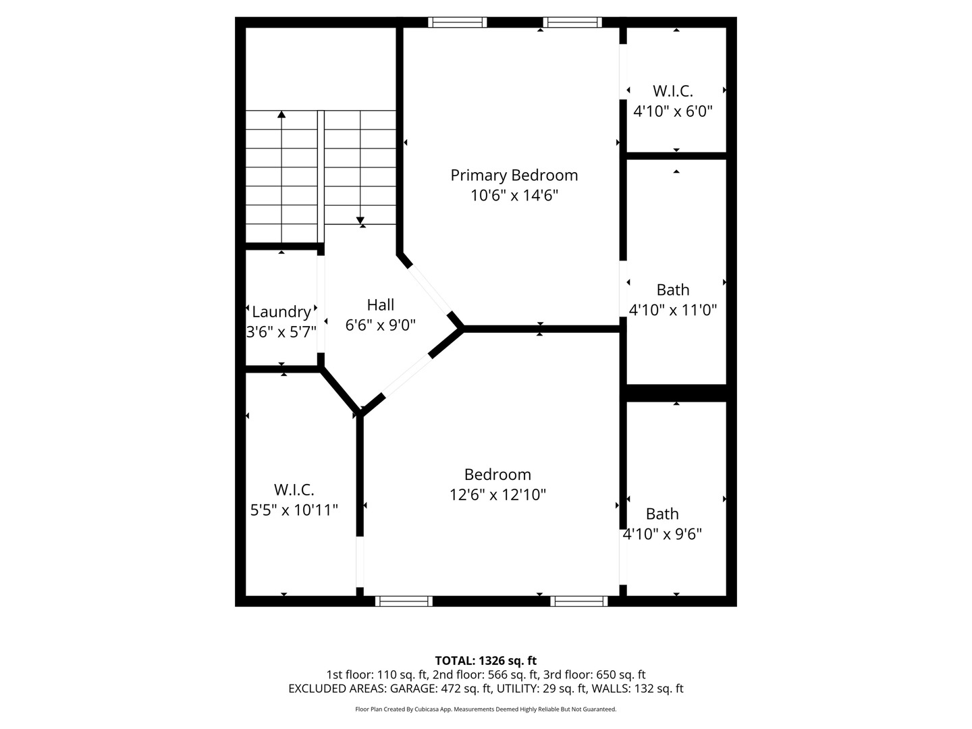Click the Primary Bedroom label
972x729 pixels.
[514, 175]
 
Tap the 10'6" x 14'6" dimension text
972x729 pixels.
[514, 195]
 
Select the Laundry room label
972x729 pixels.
[281, 312]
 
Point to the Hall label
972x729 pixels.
[381, 305]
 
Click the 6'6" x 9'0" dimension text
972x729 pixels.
[381, 325]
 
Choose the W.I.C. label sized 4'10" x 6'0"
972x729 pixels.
[673, 91]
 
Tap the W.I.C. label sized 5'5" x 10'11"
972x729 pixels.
[294, 490]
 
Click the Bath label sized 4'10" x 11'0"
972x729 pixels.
[673, 290]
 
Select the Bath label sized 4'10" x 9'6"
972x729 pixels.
[662, 514]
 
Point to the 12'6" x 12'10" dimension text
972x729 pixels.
[497, 494]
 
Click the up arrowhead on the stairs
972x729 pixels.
[281, 114]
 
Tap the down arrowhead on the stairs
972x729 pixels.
[360, 221]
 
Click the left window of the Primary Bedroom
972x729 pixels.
[458, 22]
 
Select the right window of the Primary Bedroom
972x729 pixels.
[572, 22]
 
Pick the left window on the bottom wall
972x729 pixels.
[404, 601]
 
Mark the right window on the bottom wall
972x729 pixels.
[578, 601]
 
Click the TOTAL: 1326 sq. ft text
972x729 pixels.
[486, 661]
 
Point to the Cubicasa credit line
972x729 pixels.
[486, 709]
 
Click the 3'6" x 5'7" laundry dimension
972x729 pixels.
[281, 332]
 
